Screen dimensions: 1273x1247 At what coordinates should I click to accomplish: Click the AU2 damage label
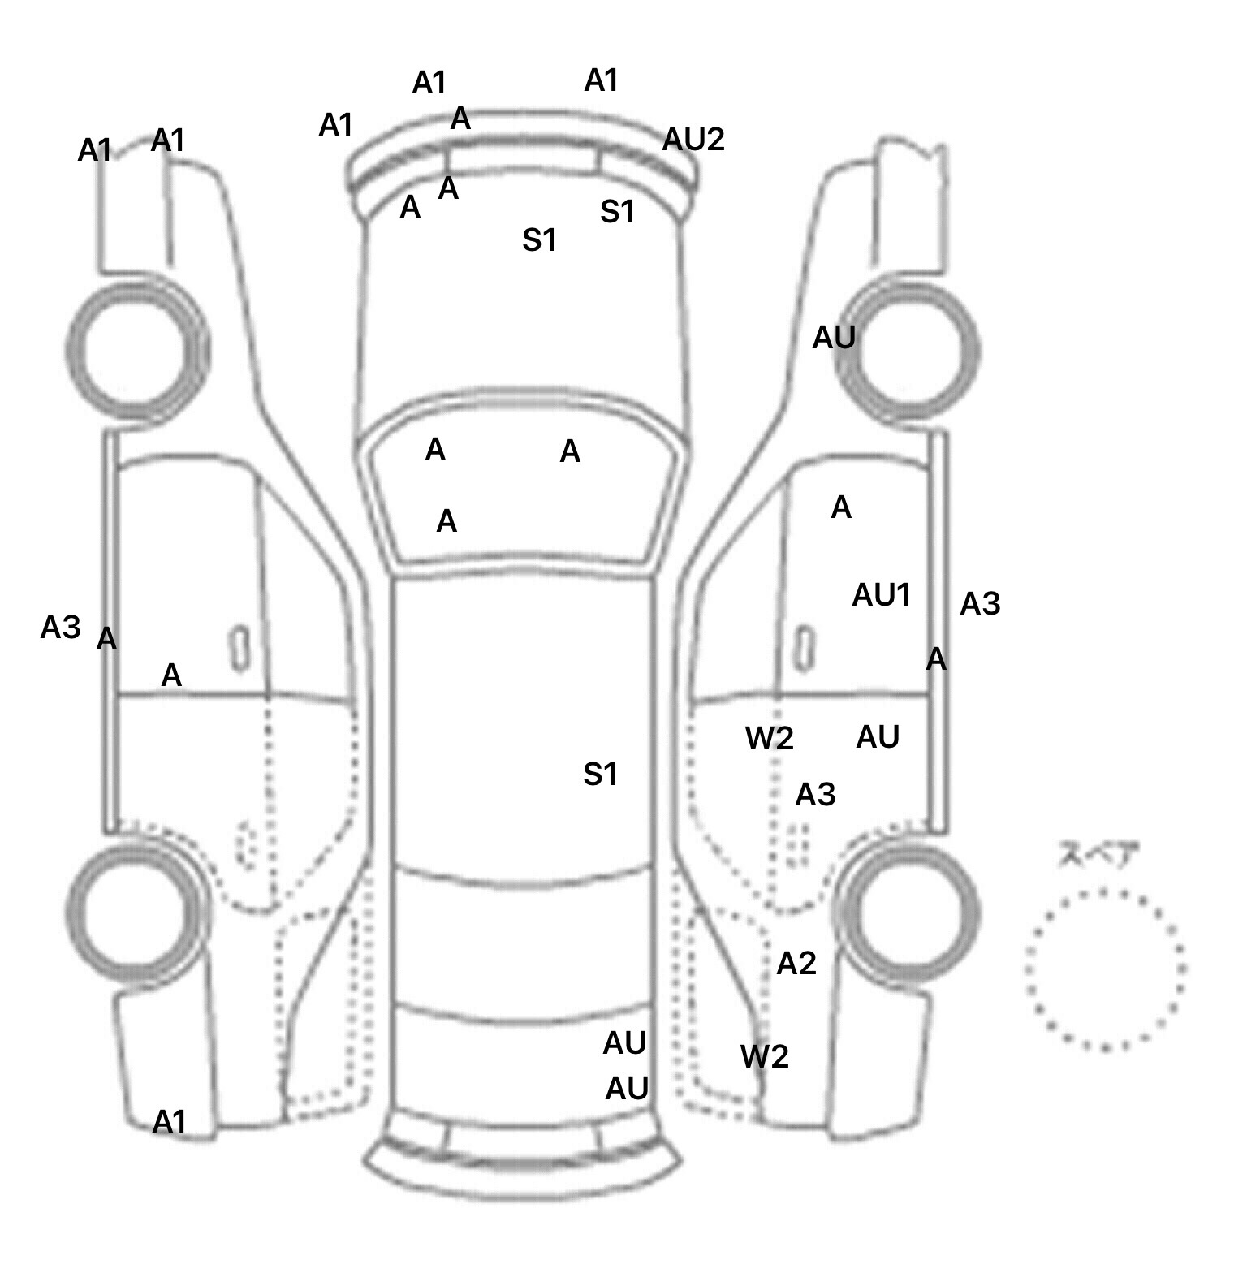pyautogui.click(x=693, y=140)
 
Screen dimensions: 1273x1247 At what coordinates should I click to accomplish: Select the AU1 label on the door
pyautogui.click(x=881, y=595)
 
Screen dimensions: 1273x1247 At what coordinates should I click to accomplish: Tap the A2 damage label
pyautogui.click(x=796, y=964)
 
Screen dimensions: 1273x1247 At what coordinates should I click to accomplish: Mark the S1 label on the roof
pyautogui.click(x=600, y=775)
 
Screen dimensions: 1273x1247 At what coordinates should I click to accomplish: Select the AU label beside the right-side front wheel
pyautogui.click(x=834, y=338)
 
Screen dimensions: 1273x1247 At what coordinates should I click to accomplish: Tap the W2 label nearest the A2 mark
pyautogui.click(x=764, y=1056)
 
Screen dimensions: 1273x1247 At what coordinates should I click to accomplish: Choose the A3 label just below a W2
pyautogui.click(x=815, y=795)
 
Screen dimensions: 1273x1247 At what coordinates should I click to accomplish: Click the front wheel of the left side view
pyautogui.click(x=137, y=350)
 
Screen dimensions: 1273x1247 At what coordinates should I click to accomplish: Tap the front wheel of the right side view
pyautogui.click(x=908, y=350)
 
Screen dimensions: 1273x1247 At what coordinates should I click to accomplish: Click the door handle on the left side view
pyautogui.click(x=239, y=649)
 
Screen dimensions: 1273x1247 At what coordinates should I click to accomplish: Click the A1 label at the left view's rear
pyautogui.click(x=170, y=1122)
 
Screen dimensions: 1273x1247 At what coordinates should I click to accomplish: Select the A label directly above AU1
pyautogui.click(x=841, y=507)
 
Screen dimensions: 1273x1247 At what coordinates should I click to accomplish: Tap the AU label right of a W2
pyautogui.click(x=878, y=737)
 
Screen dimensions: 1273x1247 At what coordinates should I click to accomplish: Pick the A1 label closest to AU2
pyautogui.click(x=602, y=80)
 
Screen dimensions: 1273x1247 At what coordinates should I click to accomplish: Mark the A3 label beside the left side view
pyautogui.click(x=60, y=627)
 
